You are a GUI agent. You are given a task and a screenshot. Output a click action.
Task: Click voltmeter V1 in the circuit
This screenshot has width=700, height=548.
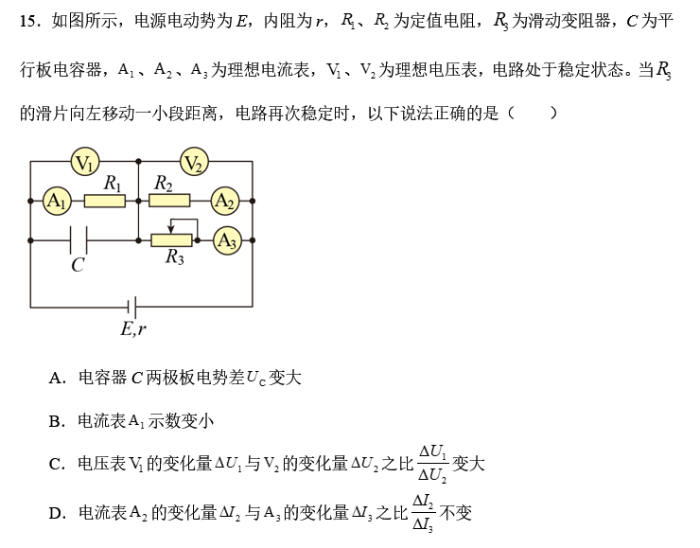[85, 164]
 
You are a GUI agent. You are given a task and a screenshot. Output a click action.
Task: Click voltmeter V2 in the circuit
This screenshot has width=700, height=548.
[194, 164]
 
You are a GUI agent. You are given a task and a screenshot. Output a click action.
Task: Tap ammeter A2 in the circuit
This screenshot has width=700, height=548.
[224, 200]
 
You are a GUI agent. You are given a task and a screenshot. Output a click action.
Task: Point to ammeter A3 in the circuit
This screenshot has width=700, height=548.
[226, 240]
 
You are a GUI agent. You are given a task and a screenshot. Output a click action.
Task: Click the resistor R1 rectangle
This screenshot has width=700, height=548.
[105, 201]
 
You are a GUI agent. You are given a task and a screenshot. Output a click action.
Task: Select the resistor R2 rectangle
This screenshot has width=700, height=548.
[169, 201]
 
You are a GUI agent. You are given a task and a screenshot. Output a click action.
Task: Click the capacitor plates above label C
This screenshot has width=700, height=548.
[79, 240]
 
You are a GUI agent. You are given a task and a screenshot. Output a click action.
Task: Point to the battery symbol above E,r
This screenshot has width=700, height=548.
[133, 307]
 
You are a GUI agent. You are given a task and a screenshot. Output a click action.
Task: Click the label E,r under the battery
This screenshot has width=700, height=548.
[133, 329]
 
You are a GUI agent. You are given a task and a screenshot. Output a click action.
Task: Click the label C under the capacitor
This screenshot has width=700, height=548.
[78, 266]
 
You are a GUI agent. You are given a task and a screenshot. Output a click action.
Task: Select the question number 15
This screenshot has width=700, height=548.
[27, 20]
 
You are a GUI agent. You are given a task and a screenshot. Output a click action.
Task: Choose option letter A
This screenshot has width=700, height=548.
[56, 379]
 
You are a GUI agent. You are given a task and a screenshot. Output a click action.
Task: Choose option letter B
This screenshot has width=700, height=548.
[56, 420]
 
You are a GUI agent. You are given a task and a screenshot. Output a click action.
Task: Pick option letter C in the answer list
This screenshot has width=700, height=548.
[56, 464]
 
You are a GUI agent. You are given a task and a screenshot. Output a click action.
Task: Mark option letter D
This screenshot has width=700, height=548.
[56, 514]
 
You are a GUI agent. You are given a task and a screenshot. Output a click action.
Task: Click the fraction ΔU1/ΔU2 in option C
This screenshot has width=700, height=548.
[431, 463]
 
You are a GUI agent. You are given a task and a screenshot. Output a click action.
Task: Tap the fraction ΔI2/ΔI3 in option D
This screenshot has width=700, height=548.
[423, 513]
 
